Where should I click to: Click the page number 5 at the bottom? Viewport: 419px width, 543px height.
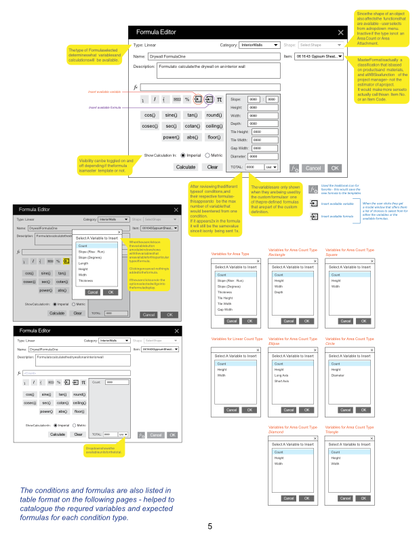click(209, 527)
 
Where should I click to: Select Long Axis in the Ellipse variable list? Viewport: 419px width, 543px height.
click(281, 375)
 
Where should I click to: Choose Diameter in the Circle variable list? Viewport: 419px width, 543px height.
click(339, 375)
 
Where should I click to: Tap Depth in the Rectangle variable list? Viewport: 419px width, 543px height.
click(279, 292)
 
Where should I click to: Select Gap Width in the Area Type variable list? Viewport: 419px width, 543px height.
click(226, 309)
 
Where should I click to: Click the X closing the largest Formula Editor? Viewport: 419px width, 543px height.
click(340, 33)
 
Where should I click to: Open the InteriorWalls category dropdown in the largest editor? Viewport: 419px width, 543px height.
click(260, 45)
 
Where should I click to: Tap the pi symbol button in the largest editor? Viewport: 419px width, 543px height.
click(219, 99)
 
